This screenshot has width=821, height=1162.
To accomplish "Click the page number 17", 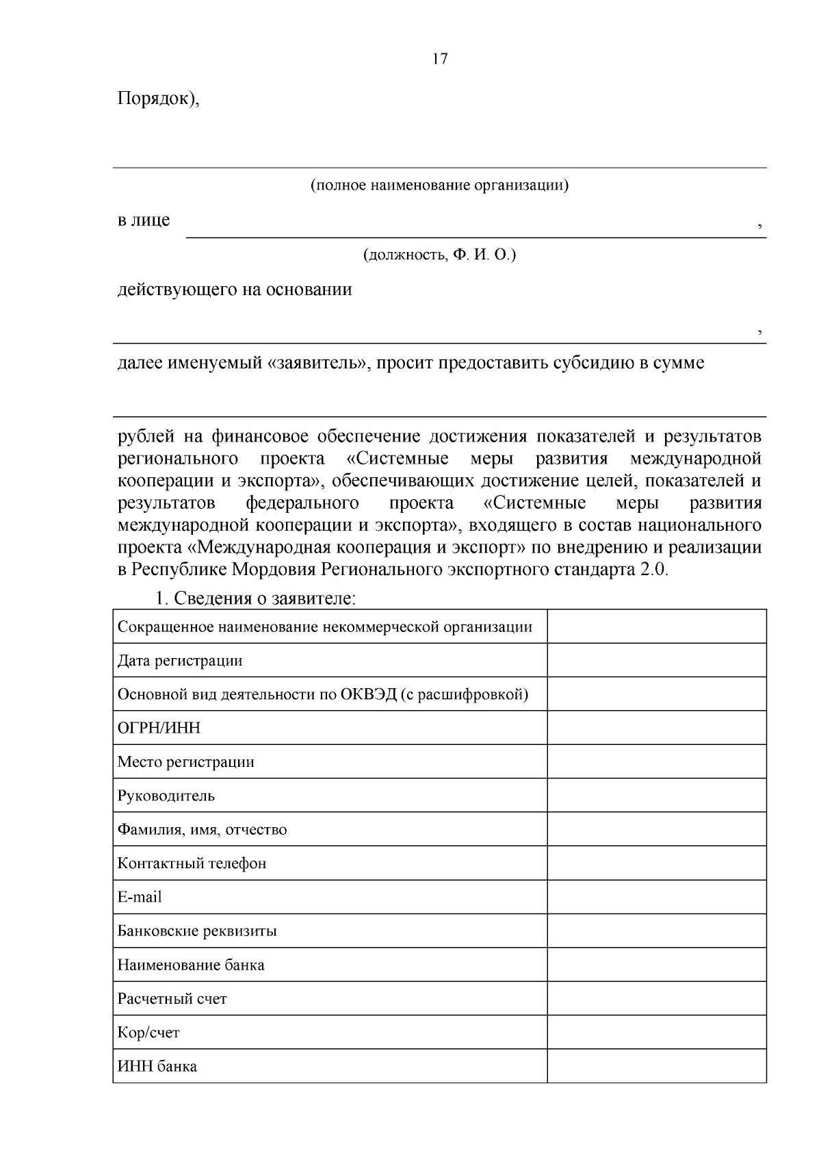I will point(440,59).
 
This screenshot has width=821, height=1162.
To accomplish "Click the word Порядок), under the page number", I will point(159,99).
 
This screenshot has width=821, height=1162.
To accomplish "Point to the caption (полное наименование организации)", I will point(439,186).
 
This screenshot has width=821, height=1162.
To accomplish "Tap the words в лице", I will point(144,220).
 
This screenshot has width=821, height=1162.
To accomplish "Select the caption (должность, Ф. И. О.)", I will point(439,255).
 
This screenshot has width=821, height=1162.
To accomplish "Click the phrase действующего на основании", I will point(235,290).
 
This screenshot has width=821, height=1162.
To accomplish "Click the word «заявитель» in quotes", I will point(318,363).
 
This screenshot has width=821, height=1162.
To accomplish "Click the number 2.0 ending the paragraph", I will point(653,570).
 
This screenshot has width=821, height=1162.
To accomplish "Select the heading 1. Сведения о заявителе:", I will point(255,598).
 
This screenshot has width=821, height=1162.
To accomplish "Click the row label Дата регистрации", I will point(180,661).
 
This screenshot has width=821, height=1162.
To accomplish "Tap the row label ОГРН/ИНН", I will point(159,728).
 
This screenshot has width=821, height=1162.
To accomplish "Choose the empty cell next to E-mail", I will point(656,896).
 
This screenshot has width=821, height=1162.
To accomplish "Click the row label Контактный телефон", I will point(192,863).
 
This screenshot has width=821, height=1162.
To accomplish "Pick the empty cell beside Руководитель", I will point(656,795).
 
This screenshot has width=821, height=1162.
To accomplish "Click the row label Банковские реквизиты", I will point(197,931).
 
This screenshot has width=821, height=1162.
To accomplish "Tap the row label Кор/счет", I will point(148,1033).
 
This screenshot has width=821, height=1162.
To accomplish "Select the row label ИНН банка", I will point(157,1067).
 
